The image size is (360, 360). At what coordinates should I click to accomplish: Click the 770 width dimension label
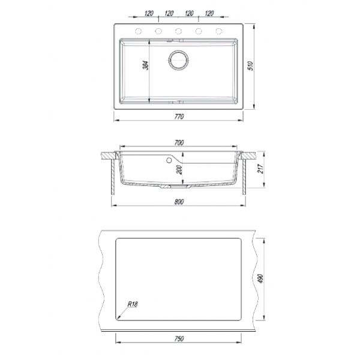point(179,116)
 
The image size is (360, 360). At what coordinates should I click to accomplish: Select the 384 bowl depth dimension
point(146,65)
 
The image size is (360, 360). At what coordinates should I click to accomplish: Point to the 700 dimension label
point(179,143)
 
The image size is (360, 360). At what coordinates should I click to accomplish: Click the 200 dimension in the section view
point(179,170)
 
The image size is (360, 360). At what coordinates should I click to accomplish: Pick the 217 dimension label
point(260,169)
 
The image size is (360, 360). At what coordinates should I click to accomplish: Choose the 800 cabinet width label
point(179,202)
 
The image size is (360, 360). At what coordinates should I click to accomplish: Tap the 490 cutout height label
point(260,278)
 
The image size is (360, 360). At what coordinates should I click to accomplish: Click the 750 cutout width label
point(179,338)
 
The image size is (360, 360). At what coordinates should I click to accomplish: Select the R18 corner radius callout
point(133,304)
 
